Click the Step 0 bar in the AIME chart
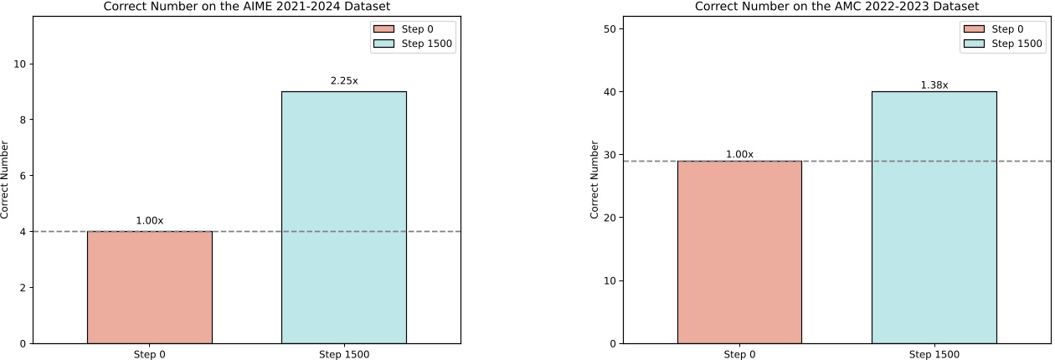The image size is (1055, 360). click(x=150, y=287)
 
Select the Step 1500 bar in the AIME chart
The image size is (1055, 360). click(x=344, y=218)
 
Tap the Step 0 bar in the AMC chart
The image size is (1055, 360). click(x=739, y=252)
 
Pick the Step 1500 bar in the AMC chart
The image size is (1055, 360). click(x=934, y=218)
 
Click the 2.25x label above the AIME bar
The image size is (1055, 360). click(x=344, y=81)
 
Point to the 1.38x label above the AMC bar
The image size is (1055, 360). click(x=934, y=85)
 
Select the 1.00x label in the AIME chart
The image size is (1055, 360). click(x=150, y=221)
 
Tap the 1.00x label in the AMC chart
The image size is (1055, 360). click(x=739, y=154)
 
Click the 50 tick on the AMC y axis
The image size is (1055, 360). click(x=610, y=28)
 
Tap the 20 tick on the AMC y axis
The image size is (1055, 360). click(x=610, y=218)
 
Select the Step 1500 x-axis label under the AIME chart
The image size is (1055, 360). click(x=344, y=354)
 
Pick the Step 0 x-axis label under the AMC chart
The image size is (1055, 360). click(x=739, y=354)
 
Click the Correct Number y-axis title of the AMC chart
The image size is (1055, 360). click(x=594, y=180)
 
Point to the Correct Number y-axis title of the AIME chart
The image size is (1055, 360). click(x=5, y=180)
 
